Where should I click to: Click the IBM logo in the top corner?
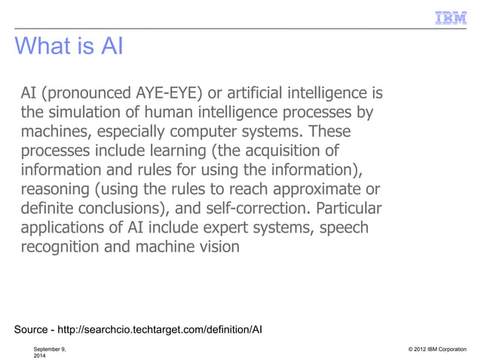coord(451,17)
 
